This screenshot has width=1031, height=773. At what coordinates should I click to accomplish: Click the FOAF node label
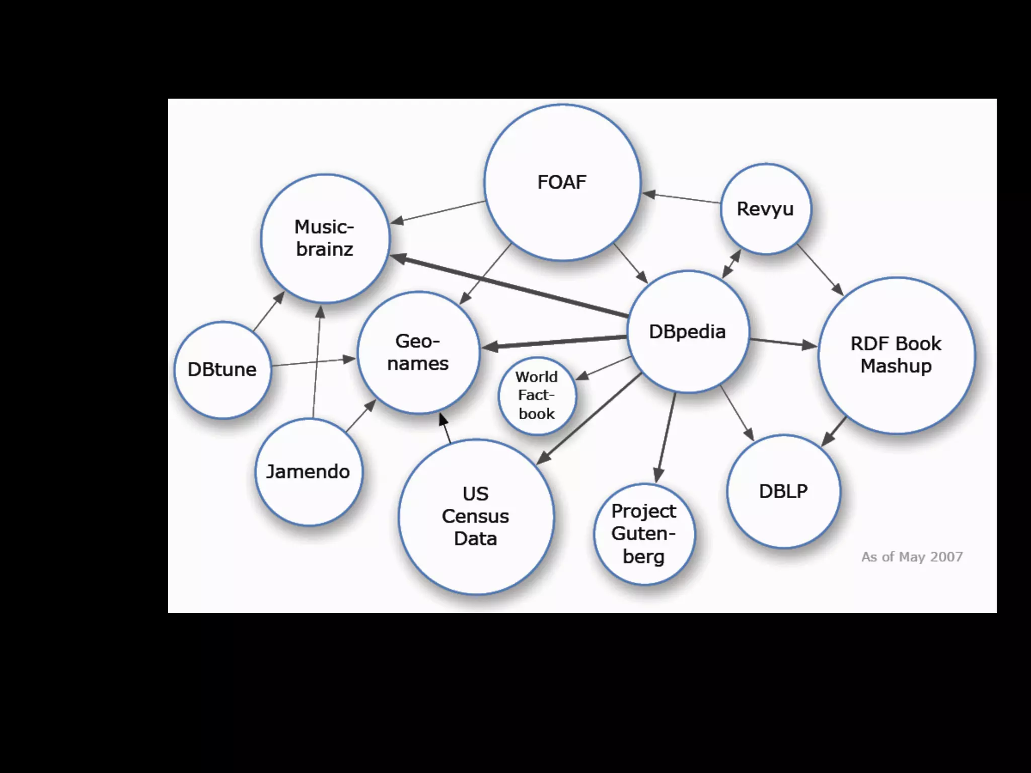(x=562, y=182)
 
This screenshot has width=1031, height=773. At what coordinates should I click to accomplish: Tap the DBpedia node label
(x=687, y=332)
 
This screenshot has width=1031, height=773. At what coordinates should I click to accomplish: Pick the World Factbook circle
(x=537, y=396)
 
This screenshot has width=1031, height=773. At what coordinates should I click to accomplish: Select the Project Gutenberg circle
(x=644, y=534)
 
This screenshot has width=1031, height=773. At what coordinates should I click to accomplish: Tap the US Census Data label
(x=475, y=516)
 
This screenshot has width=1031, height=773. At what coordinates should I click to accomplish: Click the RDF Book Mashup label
(x=896, y=355)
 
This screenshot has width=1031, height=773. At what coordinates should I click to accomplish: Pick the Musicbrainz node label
(x=325, y=238)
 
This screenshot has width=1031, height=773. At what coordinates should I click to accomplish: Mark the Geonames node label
(x=418, y=352)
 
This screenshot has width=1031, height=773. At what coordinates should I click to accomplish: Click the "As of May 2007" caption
(x=912, y=557)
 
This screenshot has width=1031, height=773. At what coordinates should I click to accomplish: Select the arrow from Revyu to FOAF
(x=682, y=198)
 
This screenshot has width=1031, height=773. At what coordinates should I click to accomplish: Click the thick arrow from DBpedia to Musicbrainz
(x=508, y=287)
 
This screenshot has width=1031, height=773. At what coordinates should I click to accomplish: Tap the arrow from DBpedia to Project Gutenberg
(x=666, y=438)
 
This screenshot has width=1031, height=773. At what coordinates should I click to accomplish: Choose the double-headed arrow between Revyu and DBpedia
(x=731, y=264)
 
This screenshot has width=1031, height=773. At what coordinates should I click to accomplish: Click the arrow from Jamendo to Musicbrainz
(x=317, y=362)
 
